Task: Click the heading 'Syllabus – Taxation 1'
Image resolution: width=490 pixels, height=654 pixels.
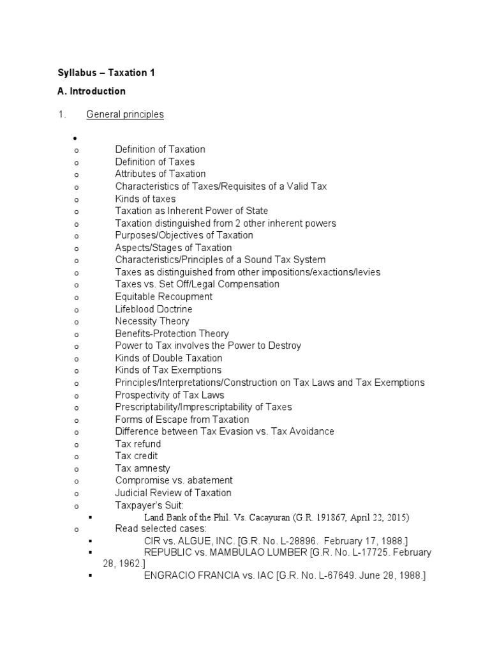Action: pyautogui.click(x=107, y=73)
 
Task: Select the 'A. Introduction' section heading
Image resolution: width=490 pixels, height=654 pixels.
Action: pyautogui.click(x=92, y=91)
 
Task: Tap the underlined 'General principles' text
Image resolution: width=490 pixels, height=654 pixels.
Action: pyautogui.click(x=125, y=114)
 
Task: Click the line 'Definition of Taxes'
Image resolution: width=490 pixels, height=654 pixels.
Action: pyautogui.click(x=155, y=162)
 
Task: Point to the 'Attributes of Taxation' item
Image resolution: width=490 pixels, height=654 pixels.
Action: pyautogui.click(x=160, y=174)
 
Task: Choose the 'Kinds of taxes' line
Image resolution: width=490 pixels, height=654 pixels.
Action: pyautogui.click(x=145, y=199)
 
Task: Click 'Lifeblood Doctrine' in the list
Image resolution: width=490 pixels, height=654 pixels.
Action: pyautogui.click(x=154, y=309)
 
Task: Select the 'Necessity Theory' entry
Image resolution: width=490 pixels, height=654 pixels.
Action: pyautogui.click(x=152, y=321)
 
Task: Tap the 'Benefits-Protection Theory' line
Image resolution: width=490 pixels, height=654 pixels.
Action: pyautogui.click(x=172, y=333)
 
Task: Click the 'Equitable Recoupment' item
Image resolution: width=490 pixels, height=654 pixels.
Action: pyautogui.click(x=164, y=296)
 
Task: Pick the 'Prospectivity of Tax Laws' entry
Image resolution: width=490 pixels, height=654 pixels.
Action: pyautogui.click(x=170, y=395)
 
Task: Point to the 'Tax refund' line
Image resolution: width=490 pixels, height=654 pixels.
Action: pyautogui.click(x=138, y=444)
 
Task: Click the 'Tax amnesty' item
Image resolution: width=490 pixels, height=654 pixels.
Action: pyautogui.click(x=142, y=468)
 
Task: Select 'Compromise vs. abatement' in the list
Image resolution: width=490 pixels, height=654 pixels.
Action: pyautogui.click(x=174, y=480)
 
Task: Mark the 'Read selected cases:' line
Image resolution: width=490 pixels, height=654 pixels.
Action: pyautogui.click(x=160, y=529)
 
